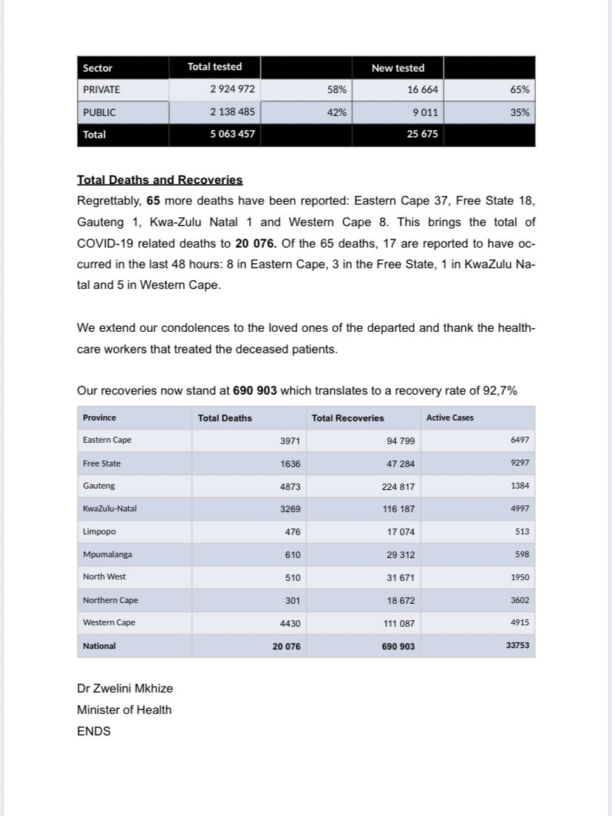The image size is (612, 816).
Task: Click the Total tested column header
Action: (214, 67)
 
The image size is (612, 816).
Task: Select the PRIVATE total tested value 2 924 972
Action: (232, 89)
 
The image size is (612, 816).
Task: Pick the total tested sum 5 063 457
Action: (232, 135)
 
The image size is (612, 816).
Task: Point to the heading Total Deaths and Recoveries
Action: (160, 180)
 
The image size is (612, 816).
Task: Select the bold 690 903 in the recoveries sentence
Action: (255, 391)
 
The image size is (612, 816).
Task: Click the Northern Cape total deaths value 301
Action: (293, 600)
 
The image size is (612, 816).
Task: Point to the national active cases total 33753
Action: (516, 645)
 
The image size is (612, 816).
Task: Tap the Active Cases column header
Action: (450, 418)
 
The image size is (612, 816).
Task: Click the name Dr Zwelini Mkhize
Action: (125, 689)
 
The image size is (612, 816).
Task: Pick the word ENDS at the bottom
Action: (94, 731)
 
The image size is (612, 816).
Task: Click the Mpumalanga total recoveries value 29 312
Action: (398, 554)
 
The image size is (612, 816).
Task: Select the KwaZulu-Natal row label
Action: (110, 509)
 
